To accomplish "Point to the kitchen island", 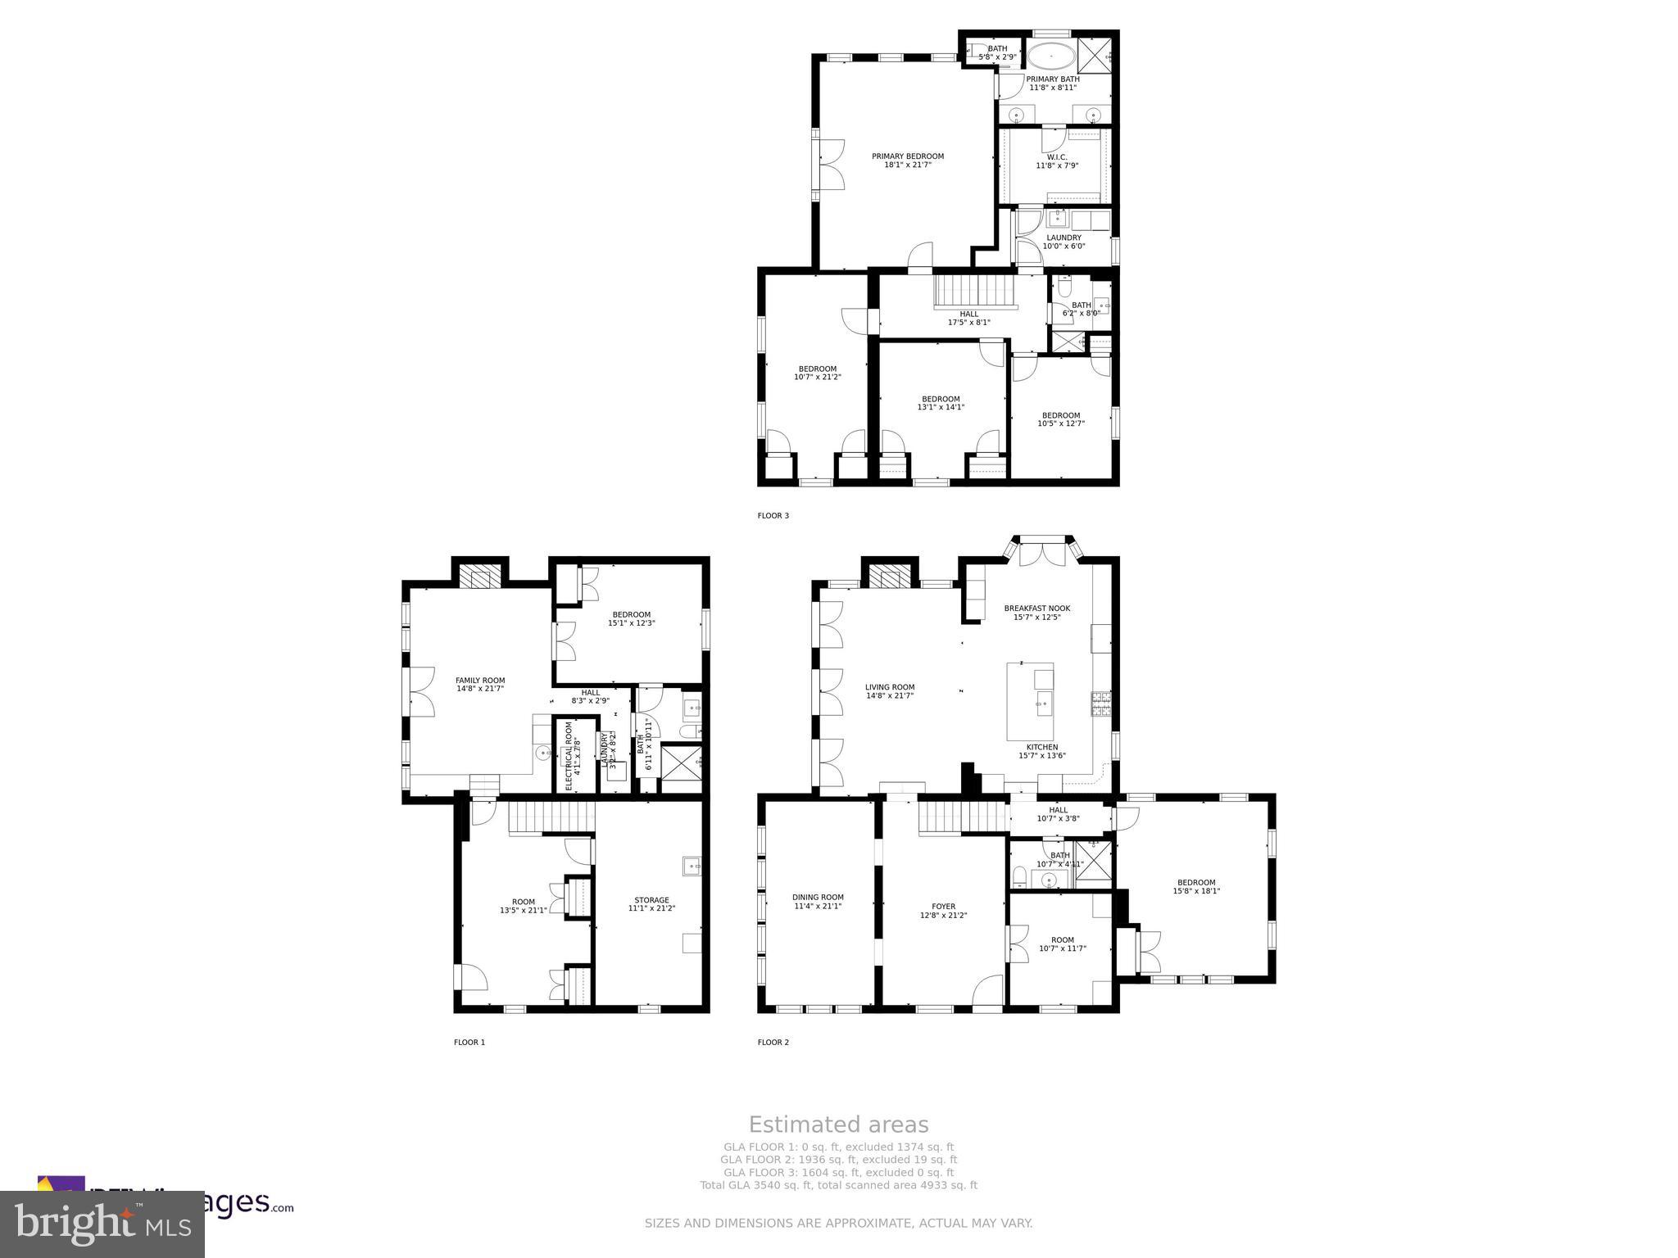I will pos(1030,700).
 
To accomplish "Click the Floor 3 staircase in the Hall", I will pos(974,292).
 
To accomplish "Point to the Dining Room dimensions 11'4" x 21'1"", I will pos(817,906).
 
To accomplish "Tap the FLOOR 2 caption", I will pos(773,1042).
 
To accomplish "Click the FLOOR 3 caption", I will pos(773,515).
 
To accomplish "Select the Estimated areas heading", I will pos(838,1125).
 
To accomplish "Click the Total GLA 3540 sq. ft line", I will pos(838,1185).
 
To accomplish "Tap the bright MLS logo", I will pos(102,1224).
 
